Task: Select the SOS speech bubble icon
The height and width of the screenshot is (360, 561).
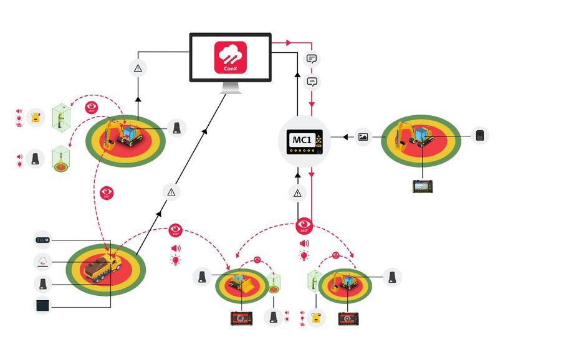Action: (x=312, y=81)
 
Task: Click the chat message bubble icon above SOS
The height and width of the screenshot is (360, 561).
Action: (x=312, y=59)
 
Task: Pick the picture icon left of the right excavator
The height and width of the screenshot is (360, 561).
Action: (x=363, y=137)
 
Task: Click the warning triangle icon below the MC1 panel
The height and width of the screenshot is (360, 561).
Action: (x=297, y=193)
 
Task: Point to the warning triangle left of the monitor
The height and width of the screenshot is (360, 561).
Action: (x=138, y=68)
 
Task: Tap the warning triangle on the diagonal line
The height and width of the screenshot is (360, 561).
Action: (x=171, y=192)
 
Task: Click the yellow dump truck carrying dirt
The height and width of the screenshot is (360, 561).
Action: (x=100, y=268)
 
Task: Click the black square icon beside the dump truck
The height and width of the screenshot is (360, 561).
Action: (x=42, y=306)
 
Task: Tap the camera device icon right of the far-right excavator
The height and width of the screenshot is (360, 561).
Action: (x=479, y=136)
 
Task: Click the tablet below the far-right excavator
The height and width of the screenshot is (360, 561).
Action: (x=422, y=186)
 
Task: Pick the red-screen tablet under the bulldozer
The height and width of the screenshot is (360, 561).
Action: (x=239, y=318)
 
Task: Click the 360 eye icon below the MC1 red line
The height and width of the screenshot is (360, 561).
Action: (x=304, y=225)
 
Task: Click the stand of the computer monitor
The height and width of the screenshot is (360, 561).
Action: (x=230, y=89)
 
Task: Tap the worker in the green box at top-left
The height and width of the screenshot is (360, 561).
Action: (x=60, y=118)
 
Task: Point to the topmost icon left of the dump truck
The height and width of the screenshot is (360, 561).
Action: (x=42, y=240)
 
